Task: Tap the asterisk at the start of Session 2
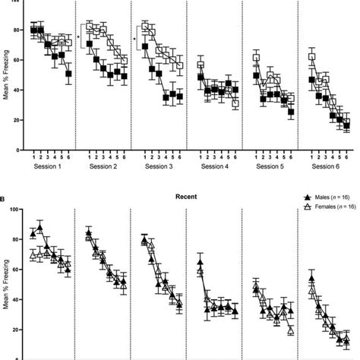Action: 78,36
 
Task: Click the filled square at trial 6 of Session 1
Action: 69,74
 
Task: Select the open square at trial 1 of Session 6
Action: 311,56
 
